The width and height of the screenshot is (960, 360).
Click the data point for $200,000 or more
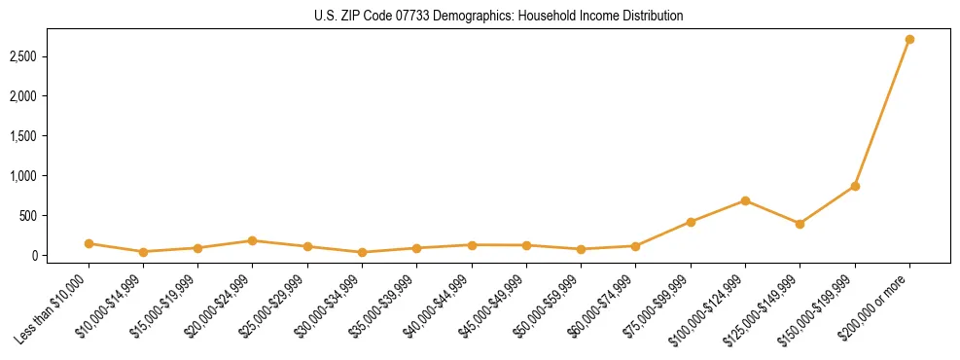click(909, 39)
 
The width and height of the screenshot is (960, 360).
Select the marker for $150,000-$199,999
click(855, 186)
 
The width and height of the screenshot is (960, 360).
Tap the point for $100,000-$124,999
click(745, 200)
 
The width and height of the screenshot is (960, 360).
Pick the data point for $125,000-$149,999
click(800, 224)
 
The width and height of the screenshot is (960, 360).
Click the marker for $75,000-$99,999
click(691, 222)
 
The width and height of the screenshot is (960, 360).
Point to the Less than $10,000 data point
click(89, 243)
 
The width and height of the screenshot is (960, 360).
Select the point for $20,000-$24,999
click(252, 240)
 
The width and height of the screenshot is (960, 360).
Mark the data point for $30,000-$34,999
click(362, 252)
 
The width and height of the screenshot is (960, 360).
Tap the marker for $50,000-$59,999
click(581, 249)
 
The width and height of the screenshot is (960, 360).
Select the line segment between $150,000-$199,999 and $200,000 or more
click(882, 112)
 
